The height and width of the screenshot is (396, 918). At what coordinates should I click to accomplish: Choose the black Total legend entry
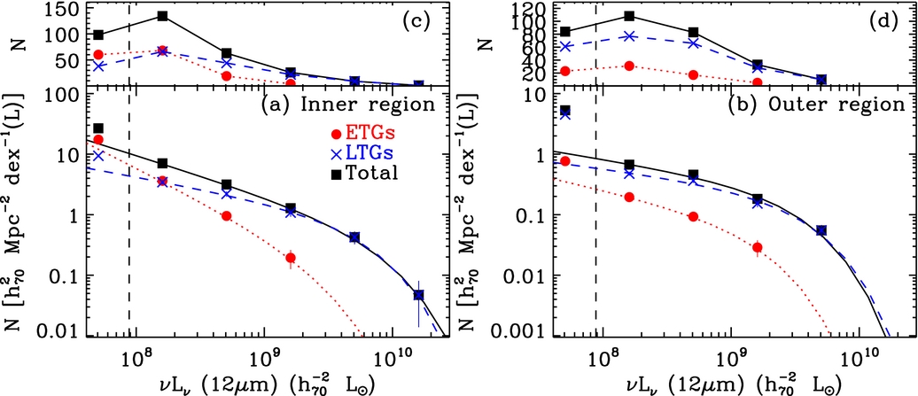pos(366,173)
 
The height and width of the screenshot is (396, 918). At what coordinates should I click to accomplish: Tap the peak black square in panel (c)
pos(163,16)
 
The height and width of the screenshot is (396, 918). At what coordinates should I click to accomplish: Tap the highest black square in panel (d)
pos(628,16)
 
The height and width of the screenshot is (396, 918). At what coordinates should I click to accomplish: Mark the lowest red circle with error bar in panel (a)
pos(291,258)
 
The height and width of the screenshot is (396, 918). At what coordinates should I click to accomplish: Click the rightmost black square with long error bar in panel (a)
pos(419,295)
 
